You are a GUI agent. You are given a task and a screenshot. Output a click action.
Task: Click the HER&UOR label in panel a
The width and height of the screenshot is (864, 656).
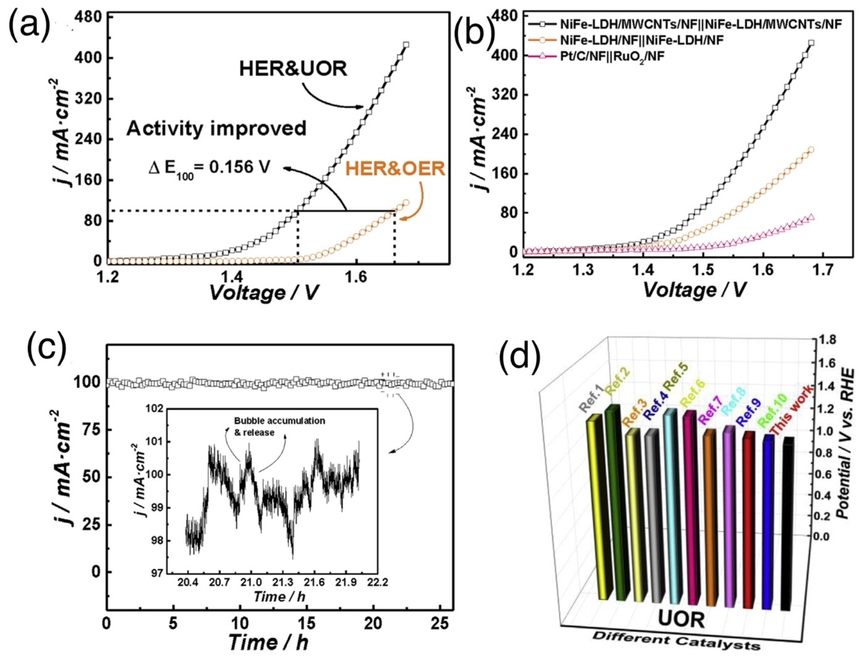coord(293,69)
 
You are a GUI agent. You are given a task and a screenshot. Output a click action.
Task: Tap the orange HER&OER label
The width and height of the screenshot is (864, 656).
coord(395,169)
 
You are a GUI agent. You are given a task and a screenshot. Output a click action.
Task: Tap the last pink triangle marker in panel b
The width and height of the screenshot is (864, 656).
coord(810,218)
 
